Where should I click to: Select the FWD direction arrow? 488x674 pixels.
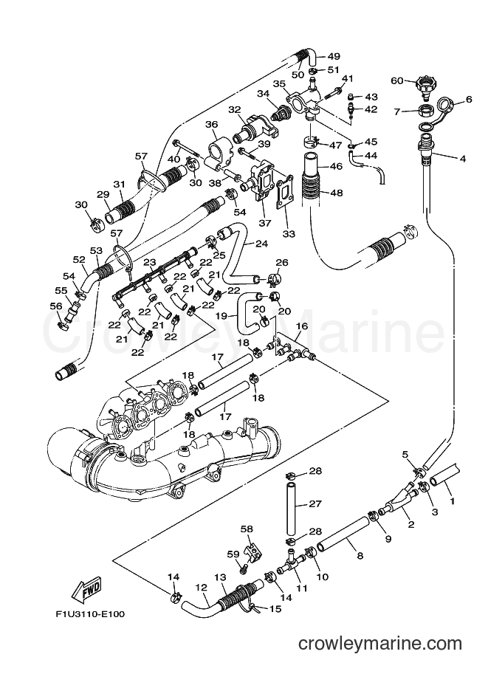pyautogui.click(x=86, y=591)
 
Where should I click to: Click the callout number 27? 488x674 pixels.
pyautogui.click(x=315, y=505)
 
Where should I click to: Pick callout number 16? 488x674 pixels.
pyautogui.click(x=302, y=326)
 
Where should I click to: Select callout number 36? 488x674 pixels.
pyautogui.click(x=212, y=125)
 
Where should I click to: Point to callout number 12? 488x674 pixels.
pyautogui.click(x=200, y=588)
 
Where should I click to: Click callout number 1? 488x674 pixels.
pyautogui.click(x=453, y=501)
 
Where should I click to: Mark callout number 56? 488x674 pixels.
pyautogui.click(x=56, y=306)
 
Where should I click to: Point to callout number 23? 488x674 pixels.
pyautogui.click(x=150, y=262)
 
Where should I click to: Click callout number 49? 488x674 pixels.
pyautogui.click(x=334, y=56)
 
